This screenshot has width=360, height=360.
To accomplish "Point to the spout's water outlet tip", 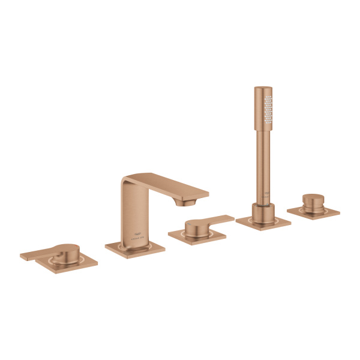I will point(181,202).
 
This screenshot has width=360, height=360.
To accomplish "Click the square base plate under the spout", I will point(135,247).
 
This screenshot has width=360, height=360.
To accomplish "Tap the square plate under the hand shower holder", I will point(263,222).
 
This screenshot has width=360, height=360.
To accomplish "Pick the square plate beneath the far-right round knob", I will point(313,212).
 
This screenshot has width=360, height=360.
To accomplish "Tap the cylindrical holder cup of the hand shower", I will point(263,212).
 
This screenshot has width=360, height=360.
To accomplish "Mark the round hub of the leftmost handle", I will point(67,252).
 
